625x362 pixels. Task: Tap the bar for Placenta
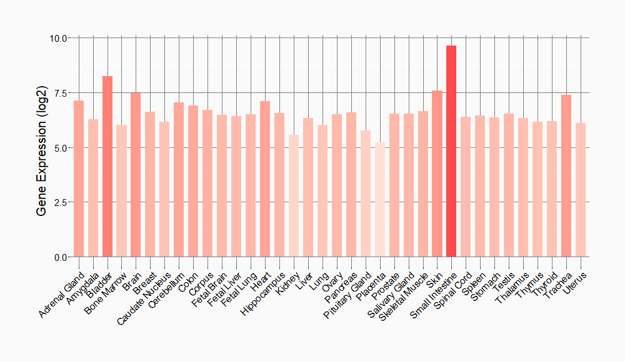pyautogui.click(x=379, y=200)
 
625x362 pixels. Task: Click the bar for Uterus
pyautogui.click(x=581, y=190)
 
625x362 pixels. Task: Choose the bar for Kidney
pyautogui.click(x=294, y=196)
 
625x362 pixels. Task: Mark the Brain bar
pyautogui.click(x=136, y=175)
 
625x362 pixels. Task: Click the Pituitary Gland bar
pyautogui.click(x=366, y=193)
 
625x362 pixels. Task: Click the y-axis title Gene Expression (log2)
pyautogui.click(x=42, y=147)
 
